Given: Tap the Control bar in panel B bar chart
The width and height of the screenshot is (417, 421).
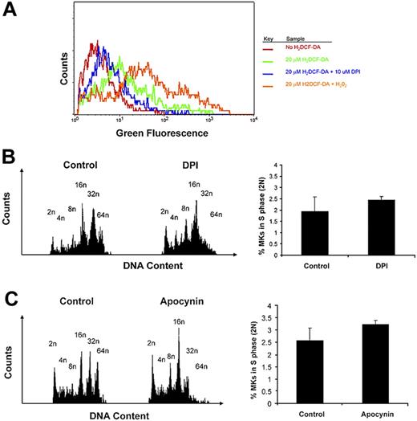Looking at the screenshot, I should [314, 233].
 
